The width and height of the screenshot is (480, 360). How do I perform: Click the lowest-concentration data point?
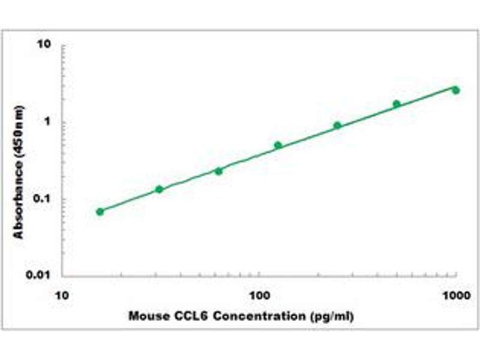(100, 211)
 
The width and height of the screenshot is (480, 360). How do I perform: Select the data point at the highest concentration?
(456, 90)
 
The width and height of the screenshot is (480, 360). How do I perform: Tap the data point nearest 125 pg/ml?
(278, 145)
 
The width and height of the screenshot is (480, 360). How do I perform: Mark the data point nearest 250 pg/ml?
(337, 125)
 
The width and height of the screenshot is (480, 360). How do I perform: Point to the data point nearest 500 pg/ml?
(397, 104)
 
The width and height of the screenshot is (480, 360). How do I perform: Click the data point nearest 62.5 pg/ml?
(218, 171)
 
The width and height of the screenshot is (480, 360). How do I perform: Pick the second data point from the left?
(159, 189)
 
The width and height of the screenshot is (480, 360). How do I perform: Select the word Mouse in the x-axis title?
(144, 316)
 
